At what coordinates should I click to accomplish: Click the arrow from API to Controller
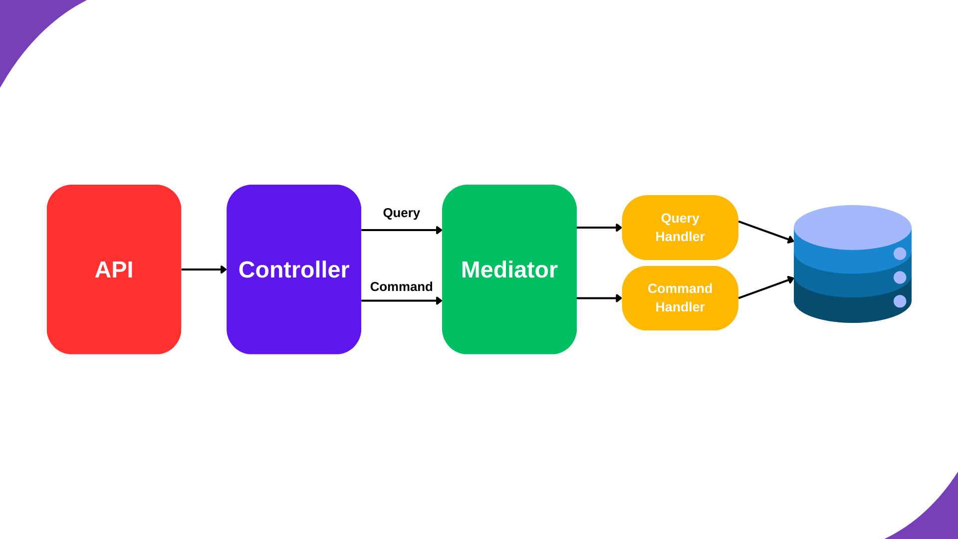(202, 269)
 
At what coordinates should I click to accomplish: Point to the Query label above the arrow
(401, 213)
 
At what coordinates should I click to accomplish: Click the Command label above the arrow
(401, 287)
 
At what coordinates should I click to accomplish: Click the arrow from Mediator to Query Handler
(598, 228)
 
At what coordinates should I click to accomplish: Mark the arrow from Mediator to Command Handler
(598, 298)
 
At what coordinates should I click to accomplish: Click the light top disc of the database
(852, 227)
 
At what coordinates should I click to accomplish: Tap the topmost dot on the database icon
(900, 254)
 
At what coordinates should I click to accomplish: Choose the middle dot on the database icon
(900, 277)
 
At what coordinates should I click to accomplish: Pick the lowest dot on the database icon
(900, 301)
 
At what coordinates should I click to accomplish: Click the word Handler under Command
(680, 307)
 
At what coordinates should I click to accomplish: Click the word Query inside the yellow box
(680, 219)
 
